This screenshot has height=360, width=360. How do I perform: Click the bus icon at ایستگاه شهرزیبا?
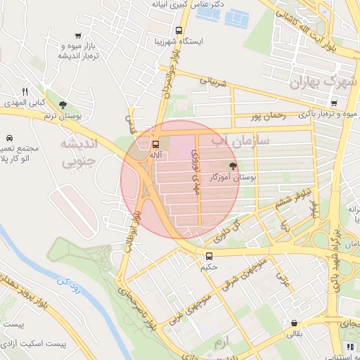point(179,30)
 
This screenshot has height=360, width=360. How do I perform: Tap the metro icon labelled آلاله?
point(155,144)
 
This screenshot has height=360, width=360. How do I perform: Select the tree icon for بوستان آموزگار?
point(232,167)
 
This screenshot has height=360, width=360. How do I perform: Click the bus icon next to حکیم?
point(208,257)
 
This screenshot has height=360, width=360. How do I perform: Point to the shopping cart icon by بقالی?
point(293,323)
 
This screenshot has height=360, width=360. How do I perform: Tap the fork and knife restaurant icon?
point(25,91)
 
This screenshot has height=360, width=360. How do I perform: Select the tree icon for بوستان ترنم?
point(63,105)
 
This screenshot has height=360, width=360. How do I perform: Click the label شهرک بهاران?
point(323,83)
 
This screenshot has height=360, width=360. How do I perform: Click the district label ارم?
point(223,341)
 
